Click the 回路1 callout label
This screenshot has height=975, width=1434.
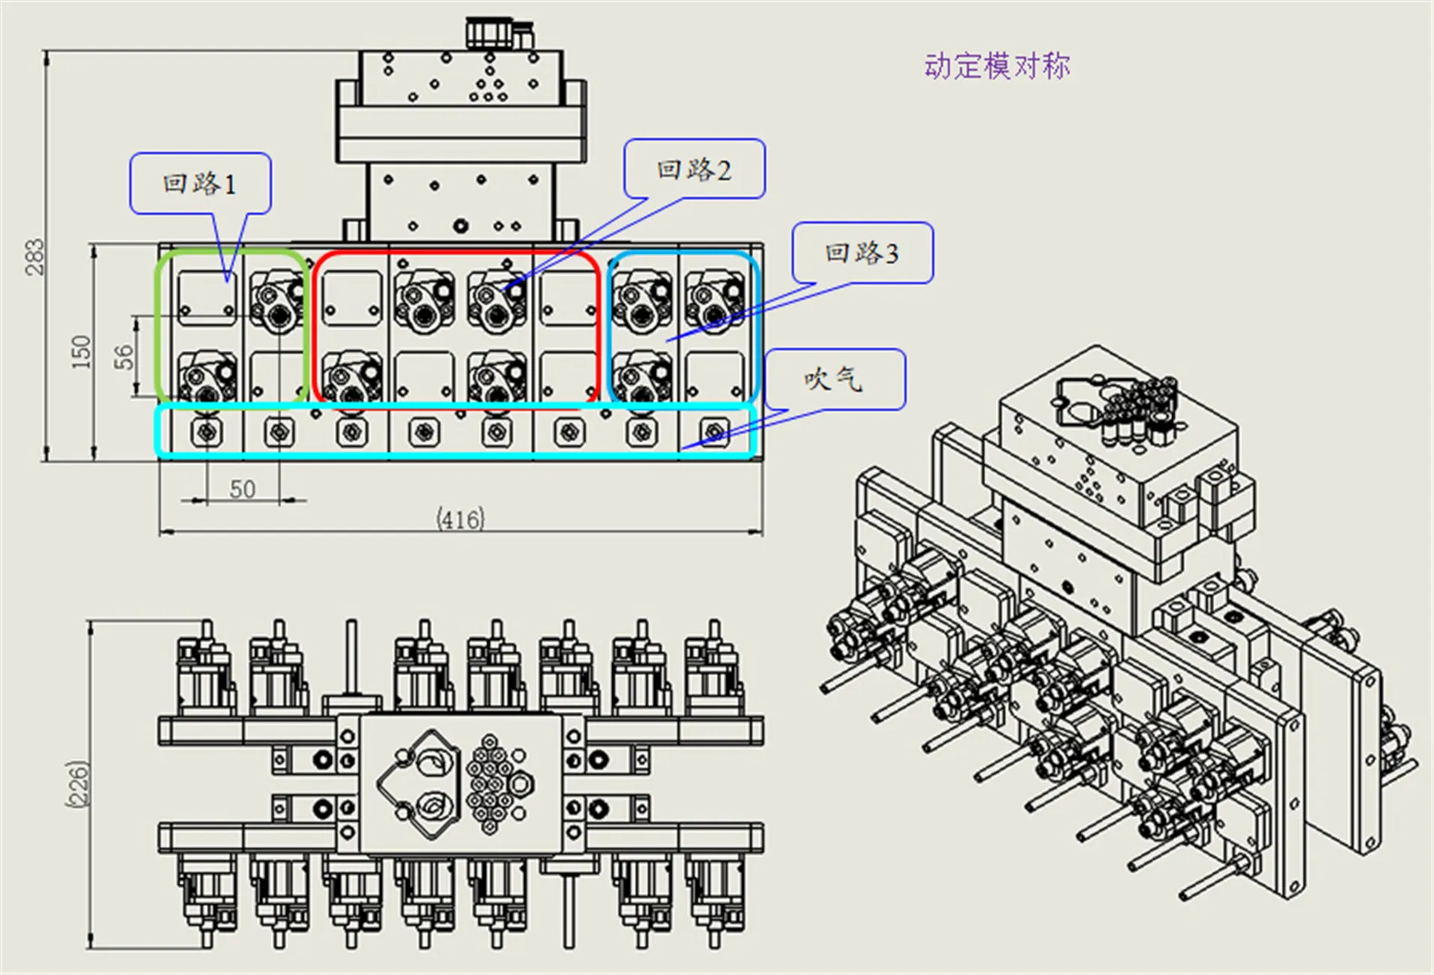pyautogui.click(x=200, y=184)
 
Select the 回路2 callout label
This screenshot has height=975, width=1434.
pyautogui.click(x=694, y=170)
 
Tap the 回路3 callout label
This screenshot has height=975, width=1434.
pyautogui.click(x=862, y=253)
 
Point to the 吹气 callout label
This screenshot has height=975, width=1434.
pyautogui.click(x=834, y=379)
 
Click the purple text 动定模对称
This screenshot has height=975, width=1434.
pyautogui.click(x=997, y=67)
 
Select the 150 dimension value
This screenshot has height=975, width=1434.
pyautogui.click(x=81, y=351)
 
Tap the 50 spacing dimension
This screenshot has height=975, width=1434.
pyautogui.click(x=242, y=489)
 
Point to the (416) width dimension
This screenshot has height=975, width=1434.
pyautogui.click(x=461, y=518)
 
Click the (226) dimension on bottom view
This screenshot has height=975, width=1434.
pyautogui.click(x=78, y=784)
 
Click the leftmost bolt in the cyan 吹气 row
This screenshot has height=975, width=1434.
pyautogui.click(x=206, y=431)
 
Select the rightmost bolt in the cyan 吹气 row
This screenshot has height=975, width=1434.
pyautogui.click(x=714, y=431)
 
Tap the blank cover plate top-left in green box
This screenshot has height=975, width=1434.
pyautogui.click(x=207, y=298)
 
